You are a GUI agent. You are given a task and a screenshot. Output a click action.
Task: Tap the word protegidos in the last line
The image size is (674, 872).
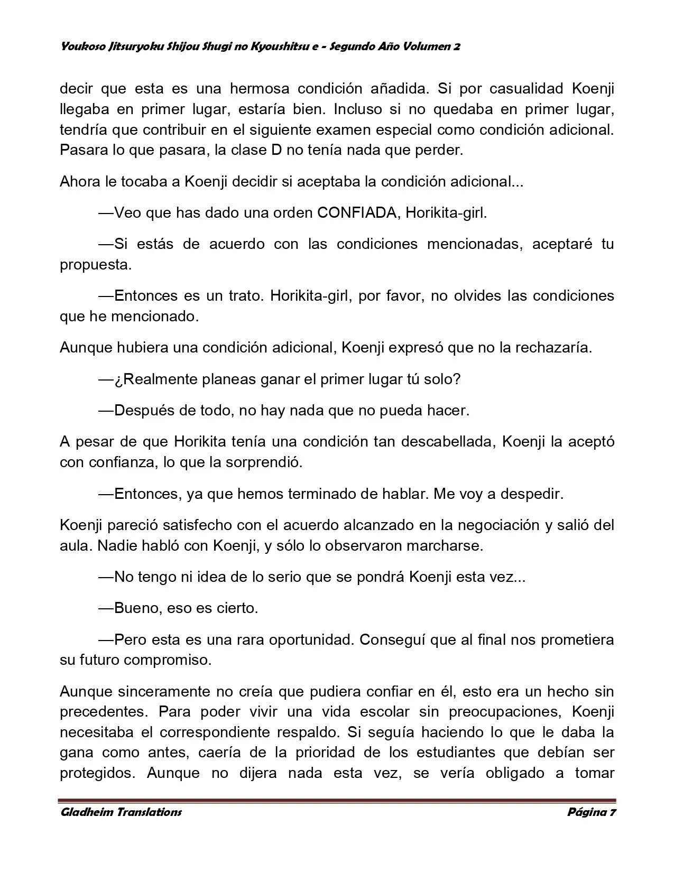pos(96,773)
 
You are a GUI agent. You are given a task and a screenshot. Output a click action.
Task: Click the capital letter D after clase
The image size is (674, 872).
pos(276,150)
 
